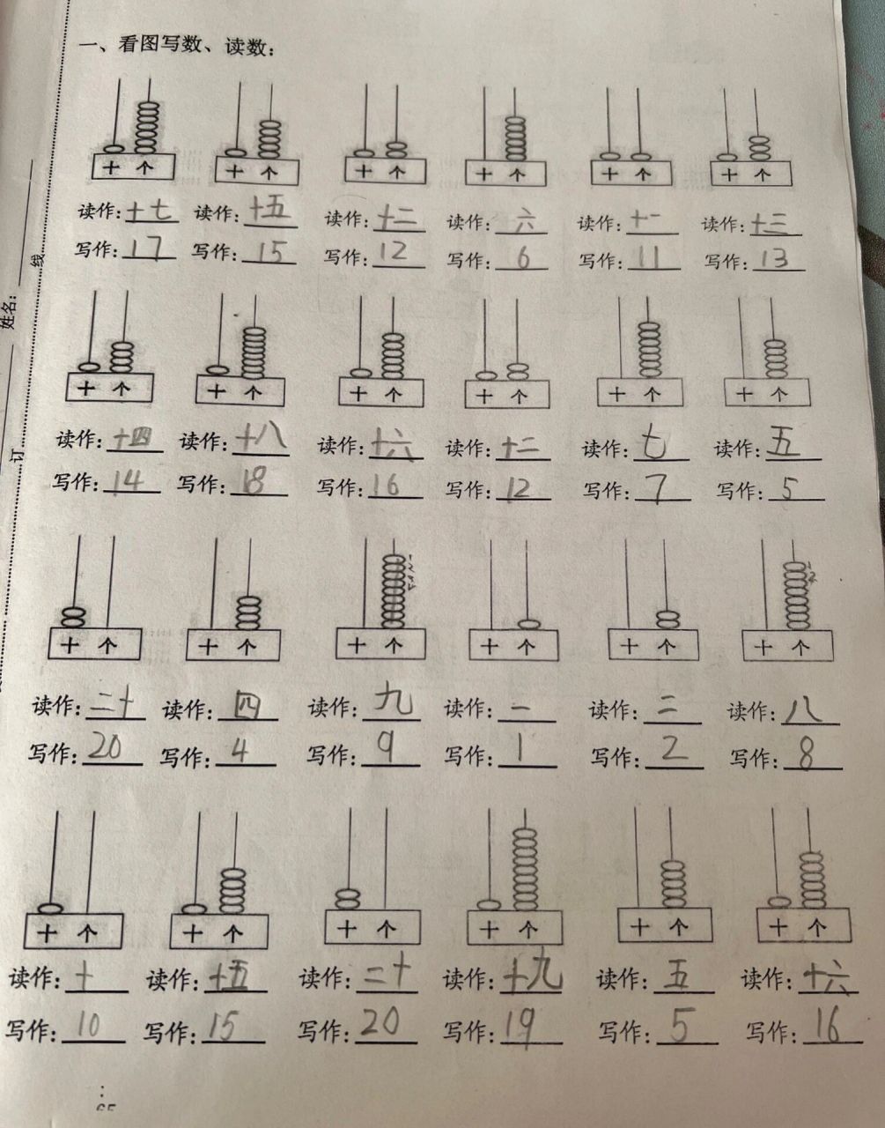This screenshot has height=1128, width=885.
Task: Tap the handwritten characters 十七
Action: pyautogui.click(x=151, y=211)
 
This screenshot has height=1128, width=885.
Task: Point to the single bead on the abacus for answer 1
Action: pyautogui.click(x=528, y=624)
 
